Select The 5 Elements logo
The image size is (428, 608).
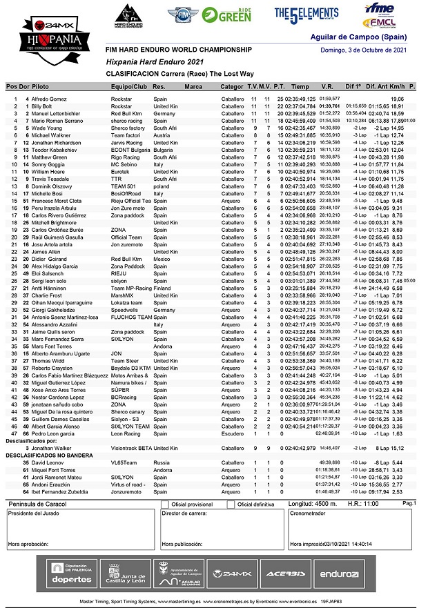tap(307, 14)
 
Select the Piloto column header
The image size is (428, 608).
tap(40, 87)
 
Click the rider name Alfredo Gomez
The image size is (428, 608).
tap(50, 99)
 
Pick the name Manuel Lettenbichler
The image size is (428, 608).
tap(60, 113)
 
